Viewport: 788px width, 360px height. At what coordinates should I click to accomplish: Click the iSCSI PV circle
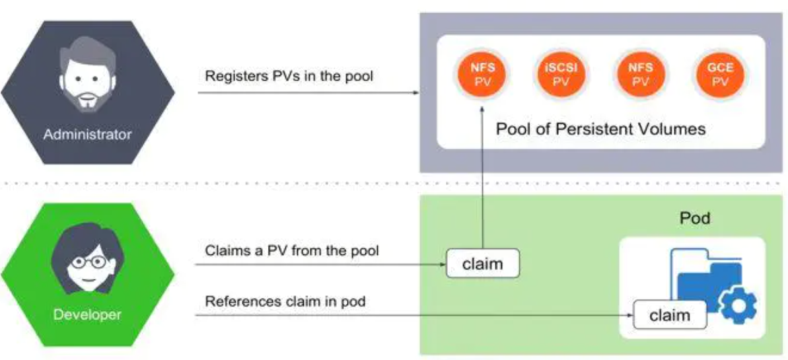560,75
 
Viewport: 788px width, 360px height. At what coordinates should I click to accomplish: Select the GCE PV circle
720,75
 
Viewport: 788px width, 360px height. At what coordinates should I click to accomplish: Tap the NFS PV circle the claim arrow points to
482,75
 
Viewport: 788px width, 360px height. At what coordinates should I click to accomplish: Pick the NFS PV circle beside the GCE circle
640,75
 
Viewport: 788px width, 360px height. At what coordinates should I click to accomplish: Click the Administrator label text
87,134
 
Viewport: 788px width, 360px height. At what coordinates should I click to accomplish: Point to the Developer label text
87,314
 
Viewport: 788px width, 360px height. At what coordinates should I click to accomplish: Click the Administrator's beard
87,96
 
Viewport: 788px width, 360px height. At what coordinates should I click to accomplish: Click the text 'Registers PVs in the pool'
289,77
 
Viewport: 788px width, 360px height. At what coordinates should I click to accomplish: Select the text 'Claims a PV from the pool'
291,250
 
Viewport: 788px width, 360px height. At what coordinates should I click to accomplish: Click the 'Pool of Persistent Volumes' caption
600,129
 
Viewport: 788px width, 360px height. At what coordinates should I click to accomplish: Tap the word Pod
694,218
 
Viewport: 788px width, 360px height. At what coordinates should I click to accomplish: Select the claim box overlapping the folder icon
670,314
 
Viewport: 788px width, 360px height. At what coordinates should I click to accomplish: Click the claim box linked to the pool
482,263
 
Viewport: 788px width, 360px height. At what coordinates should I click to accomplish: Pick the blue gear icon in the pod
738,305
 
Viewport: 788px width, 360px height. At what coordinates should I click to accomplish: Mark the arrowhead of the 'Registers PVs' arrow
415,93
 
